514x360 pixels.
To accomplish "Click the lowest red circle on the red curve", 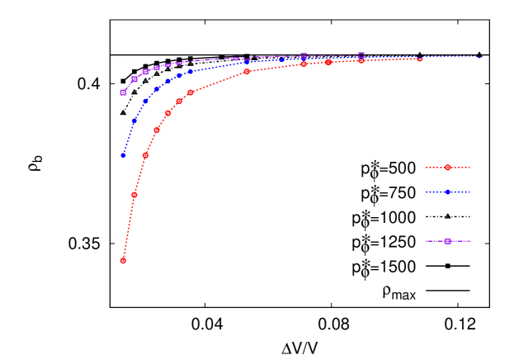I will click(123, 260).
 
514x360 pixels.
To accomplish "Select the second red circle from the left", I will click(134, 195).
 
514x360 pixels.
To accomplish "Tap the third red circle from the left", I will click(145, 155).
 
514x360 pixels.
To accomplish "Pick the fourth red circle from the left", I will click(157, 130).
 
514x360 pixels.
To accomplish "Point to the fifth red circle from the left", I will click(168, 113).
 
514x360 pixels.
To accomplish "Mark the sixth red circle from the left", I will click(179, 101).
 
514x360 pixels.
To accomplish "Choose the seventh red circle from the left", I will click(191, 92).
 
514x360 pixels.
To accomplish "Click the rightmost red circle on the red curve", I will click(419, 59).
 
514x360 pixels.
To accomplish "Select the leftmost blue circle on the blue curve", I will click(123, 155).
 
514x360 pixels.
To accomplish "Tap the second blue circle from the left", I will click(134, 121).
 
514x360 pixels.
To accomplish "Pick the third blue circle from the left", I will click(145, 101).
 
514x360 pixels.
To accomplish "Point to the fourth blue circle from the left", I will click(157, 88).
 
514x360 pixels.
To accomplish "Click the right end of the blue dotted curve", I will click(480, 58).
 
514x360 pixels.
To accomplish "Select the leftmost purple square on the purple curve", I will click(123, 92).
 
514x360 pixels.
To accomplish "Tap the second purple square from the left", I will click(134, 78).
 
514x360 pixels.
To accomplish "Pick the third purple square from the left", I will click(145, 72).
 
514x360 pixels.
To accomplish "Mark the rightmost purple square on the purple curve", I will click(361, 55).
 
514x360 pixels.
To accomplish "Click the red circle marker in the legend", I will click(447, 168).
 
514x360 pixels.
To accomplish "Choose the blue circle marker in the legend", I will click(447, 192).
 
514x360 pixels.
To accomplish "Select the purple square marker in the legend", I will click(447, 241).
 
